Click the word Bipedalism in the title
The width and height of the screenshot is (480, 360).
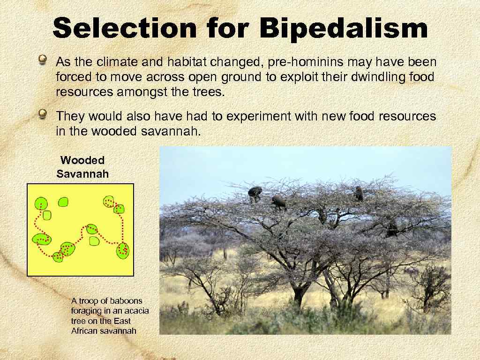[x=343, y=29]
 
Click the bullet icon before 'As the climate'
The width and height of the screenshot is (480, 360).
[x=43, y=60]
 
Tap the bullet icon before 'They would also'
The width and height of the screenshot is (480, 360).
[x=43, y=114]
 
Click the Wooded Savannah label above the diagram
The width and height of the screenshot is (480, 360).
[x=82, y=167]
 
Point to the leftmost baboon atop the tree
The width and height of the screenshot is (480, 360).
[x=255, y=193]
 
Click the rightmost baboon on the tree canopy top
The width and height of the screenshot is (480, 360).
[x=359, y=193]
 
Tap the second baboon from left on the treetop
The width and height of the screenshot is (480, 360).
[x=278, y=202]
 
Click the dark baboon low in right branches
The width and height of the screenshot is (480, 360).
[x=391, y=228]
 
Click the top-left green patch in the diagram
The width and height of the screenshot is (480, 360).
[x=41, y=204]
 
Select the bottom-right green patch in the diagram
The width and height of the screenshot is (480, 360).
[x=123, y=250]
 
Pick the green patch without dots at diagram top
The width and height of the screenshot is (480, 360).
[x=63, y=202]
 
